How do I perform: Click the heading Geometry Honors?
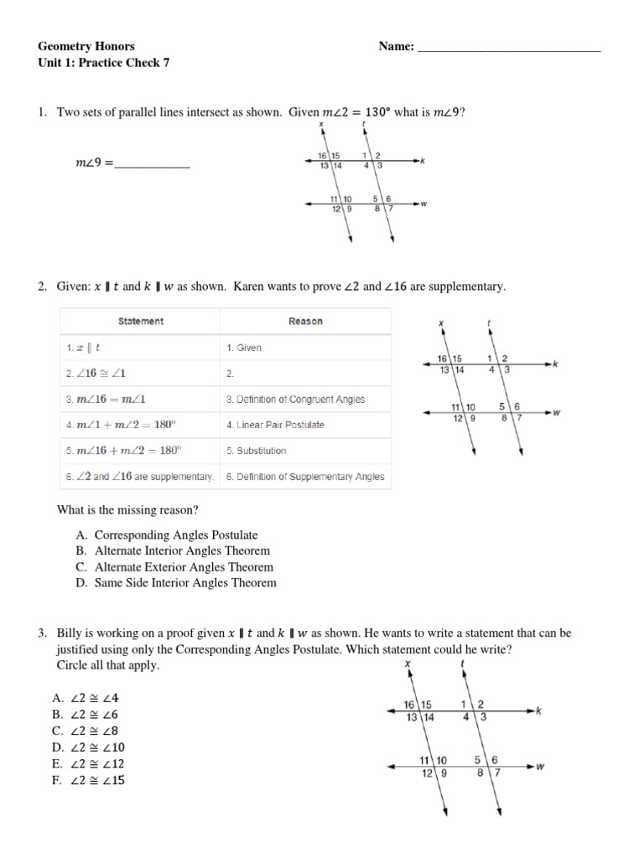pos(86,46)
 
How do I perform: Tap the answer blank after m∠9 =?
pos(152,165)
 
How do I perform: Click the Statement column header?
pos(141,321)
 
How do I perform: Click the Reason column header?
pos(305,321)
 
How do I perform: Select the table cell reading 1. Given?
pos(244,348)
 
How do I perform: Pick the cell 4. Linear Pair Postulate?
pos(275,425)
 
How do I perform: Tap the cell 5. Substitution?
pos(257,451)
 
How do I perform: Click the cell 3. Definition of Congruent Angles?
pos(295,400)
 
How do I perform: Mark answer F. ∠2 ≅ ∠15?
pos(89,780)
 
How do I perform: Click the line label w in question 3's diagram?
pos(541,767)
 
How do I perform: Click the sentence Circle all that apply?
pos(107,664)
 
